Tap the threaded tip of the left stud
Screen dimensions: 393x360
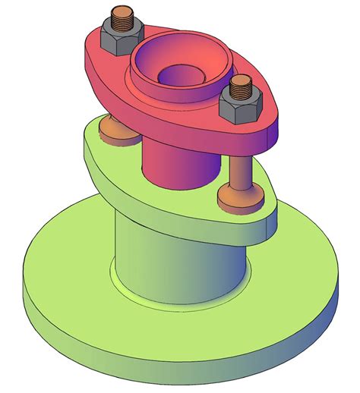[x=122, y=16]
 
